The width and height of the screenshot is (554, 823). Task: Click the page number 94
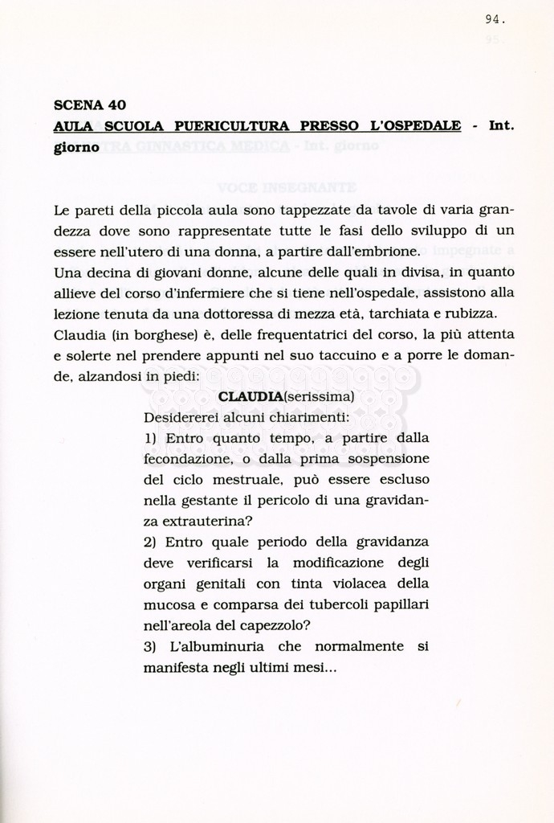(x=495, y=19)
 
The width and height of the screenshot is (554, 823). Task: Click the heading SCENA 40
(x=89, y=104)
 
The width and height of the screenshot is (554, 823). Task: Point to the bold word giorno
(x=76, y=147)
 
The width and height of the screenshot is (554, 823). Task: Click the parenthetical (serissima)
(x=314, y=396)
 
